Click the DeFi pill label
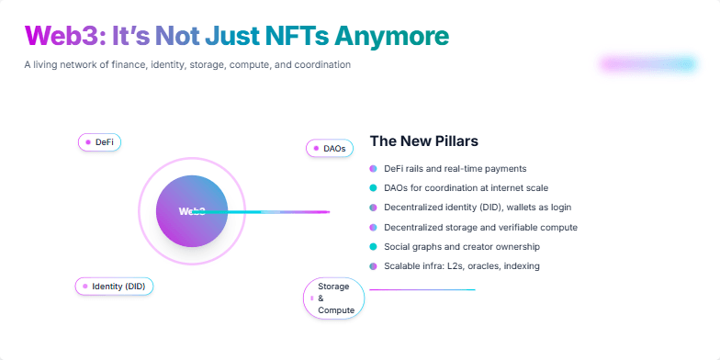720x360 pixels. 99,142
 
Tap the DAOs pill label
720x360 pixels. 329,148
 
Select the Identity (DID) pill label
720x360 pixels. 115,287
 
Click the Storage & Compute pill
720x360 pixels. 333,298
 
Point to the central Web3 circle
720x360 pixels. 192,211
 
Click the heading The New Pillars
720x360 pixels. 423,141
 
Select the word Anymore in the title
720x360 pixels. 391,36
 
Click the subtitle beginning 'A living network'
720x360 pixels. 187,65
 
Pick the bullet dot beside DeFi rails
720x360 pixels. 373,169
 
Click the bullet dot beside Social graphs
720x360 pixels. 373,247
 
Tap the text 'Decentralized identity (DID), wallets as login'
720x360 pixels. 478,208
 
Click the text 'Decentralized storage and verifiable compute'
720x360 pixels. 480,227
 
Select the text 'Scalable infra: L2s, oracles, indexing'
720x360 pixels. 462,266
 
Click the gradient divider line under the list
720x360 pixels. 422,290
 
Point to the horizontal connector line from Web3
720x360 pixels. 276,212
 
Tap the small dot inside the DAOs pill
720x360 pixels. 314,148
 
